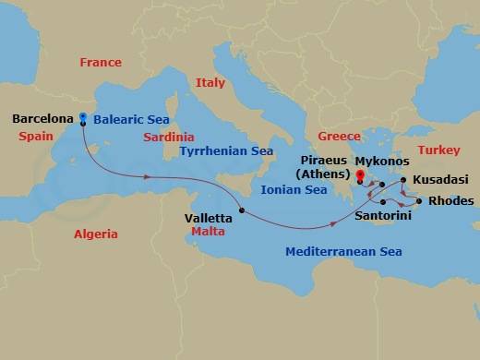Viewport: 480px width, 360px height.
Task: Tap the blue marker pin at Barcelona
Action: (x=83, y=117)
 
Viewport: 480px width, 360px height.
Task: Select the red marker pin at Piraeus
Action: (x=359, y=172)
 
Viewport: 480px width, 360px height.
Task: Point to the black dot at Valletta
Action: (x=242, y=211)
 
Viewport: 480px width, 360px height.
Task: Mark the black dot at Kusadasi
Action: (x=404, y=180)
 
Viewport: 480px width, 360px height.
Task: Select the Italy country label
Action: (x=210, y=83)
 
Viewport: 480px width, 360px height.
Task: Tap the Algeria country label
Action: (x=96, y=234)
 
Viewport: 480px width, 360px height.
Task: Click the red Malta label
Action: (x=209, y=233)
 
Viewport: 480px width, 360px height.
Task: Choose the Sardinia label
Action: (x=169, y=138)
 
